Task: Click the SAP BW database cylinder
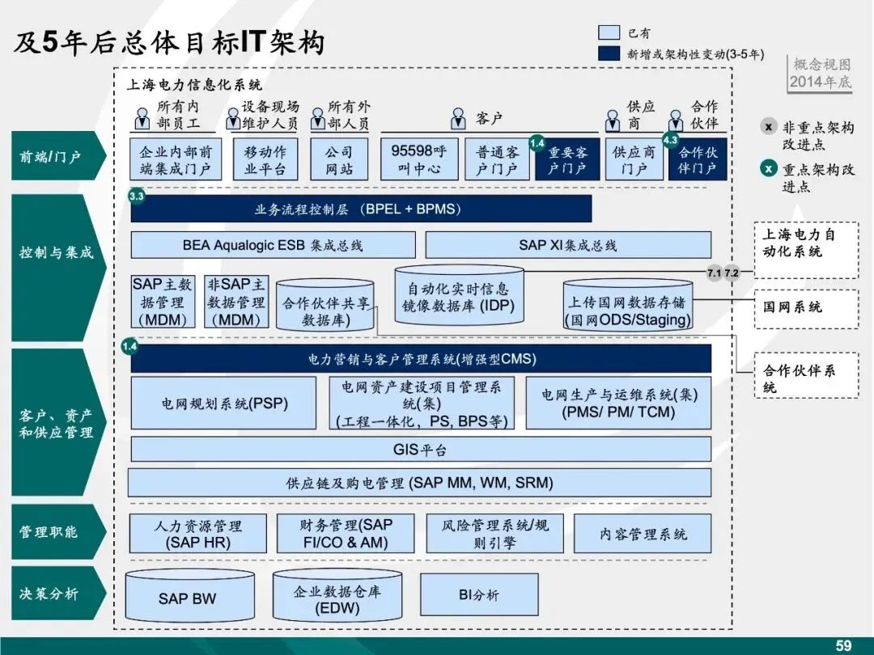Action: (188, 598)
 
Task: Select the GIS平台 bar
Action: (420, 450)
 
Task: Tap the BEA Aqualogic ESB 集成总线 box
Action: (273, 245)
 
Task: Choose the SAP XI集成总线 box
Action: (568, 245)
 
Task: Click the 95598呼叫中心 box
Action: (418, 159)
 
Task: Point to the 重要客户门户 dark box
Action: (568, 160)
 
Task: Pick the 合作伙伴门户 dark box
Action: (698, 160)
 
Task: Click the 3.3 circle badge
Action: (137, 196)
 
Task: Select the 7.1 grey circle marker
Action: (714, 273)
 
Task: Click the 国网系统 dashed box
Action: (805, 307)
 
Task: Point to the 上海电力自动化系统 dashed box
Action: (805, 243)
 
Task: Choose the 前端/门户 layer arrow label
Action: (53, 155)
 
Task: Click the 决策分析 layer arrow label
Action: (53, 594)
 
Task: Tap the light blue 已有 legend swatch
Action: (609, 33)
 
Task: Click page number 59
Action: (843, 645)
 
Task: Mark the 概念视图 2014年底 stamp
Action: (821, 74)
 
